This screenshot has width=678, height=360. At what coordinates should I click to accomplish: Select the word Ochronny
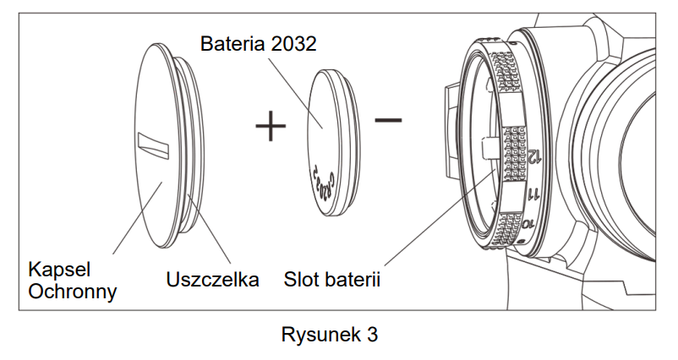coord(72,292)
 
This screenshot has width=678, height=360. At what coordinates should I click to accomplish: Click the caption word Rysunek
coord(319,335)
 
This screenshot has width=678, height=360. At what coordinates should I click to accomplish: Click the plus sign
coord(271,128)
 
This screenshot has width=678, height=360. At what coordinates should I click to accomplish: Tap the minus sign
coord(388,120)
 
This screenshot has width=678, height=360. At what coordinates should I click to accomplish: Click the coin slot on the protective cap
coord(155,143)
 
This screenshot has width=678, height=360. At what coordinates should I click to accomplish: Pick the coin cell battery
coord(329,143)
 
